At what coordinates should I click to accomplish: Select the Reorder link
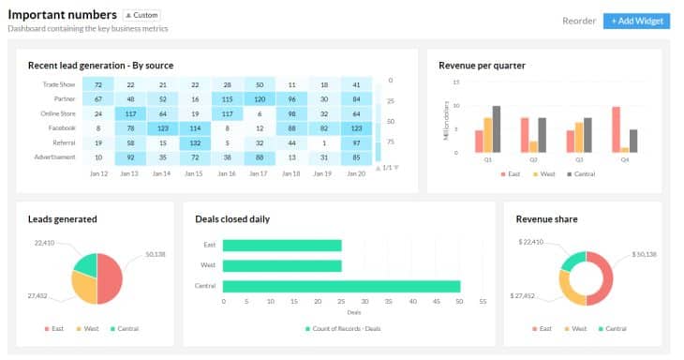tap(578, 21)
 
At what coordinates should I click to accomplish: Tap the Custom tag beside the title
tap(142, 16)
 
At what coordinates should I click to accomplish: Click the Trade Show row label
tap(59, 84)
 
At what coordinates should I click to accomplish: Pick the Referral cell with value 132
tap(195, 142)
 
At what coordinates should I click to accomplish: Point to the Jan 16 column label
tap(195, 173)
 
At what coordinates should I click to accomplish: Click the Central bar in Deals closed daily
tap(341, 286)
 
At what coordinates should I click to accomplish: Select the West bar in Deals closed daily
tap(282, 265)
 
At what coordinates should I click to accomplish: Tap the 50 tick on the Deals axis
tap(459, 303)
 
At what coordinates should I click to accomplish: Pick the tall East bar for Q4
tap(617, 128)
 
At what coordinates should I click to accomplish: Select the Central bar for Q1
tap(497, 128)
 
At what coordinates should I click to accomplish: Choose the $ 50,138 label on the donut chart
tap(645, 254)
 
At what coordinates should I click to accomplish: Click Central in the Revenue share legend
tap(614, 329)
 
